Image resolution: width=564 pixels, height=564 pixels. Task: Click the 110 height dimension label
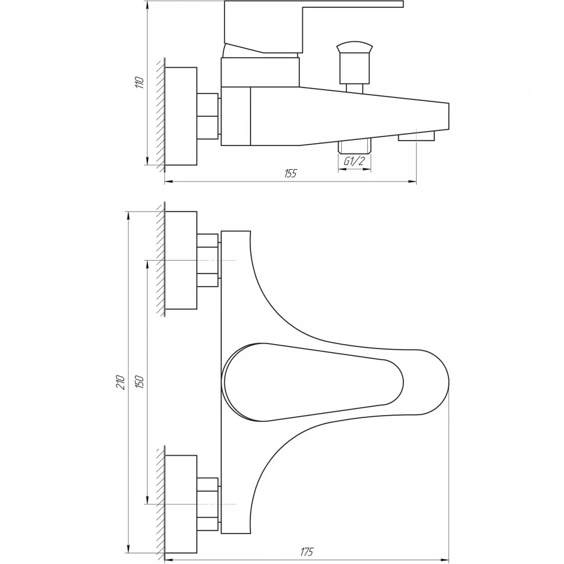tap(140, 83)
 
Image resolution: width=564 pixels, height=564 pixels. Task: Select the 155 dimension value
tap(290, 173)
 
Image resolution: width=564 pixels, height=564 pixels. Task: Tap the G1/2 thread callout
tap(354, 161)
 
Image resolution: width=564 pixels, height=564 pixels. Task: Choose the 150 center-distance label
tap(140, 382)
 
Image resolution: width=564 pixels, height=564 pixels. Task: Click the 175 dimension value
tap(306, 552)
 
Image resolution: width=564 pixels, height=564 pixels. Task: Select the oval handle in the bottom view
tap(313, 382)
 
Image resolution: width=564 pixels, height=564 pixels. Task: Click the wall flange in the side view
tap(181, 116)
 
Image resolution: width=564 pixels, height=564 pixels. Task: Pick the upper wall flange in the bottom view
tap(181, 260)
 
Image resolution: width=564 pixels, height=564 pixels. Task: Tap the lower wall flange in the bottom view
tap(181, 504)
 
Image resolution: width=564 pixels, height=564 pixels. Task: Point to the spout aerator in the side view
tap(416, 135)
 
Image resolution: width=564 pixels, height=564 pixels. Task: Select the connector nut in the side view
tap(208, 116)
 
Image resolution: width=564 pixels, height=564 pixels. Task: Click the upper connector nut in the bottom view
tap(208, 260)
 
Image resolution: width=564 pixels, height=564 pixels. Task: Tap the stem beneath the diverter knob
tap(354, 88)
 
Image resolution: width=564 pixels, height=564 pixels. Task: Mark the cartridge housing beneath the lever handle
tap(260, 72)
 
